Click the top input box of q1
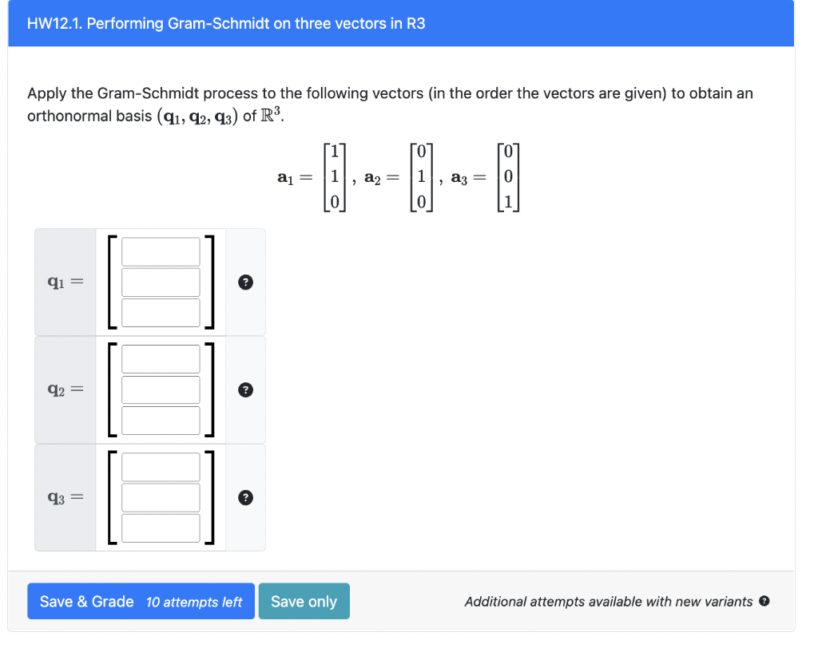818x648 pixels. click(161, 251)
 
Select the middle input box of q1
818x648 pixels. click(161, 282)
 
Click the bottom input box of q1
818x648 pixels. click(161, 312)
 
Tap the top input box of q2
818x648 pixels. click(161, 359)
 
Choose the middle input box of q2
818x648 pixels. click(161, 389)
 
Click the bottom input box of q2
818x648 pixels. click(161, 420)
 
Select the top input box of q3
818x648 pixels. click(161, 467)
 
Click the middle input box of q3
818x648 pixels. click(161, 497)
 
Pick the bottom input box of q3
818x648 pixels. click(161, 527)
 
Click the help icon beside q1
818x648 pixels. click(246, 282)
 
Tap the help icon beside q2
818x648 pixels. click(246, 389)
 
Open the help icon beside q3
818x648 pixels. click(246, 498)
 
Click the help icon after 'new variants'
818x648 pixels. click(764, 602)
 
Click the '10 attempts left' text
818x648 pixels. click(194, 603)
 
